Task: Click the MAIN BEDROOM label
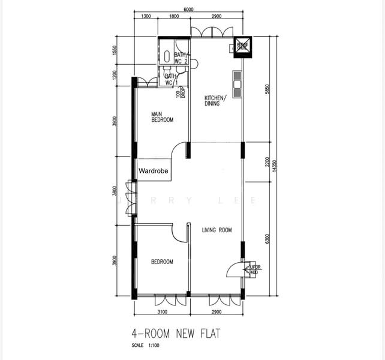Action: [162, 117]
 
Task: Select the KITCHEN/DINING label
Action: [215, 100]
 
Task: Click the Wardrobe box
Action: [154, 171]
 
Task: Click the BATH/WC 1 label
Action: [172, 79]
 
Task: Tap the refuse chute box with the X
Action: [243, 47]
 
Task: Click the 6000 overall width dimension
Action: [188, 10]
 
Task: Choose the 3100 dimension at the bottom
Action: [162, 313]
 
